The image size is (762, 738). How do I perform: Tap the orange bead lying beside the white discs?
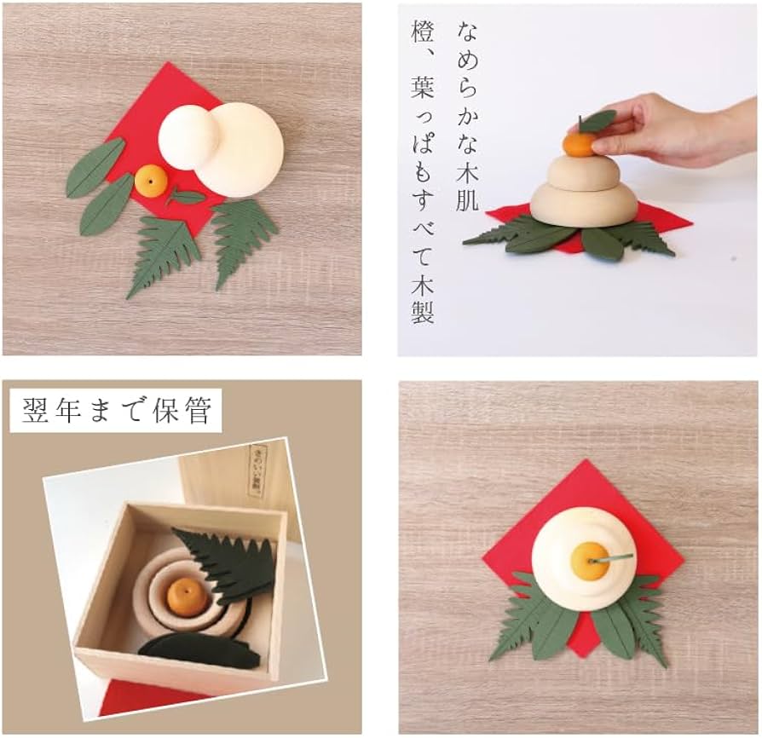point(152,180)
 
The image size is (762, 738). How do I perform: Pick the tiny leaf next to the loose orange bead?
point(187,197)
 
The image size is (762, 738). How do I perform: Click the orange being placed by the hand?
point(580,144)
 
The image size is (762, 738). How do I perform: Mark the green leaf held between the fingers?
point(597,120)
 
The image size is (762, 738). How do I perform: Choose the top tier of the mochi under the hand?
point(582,171)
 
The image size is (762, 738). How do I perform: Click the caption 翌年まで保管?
point(116,411)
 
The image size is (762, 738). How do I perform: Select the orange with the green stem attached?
point(588,560)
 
